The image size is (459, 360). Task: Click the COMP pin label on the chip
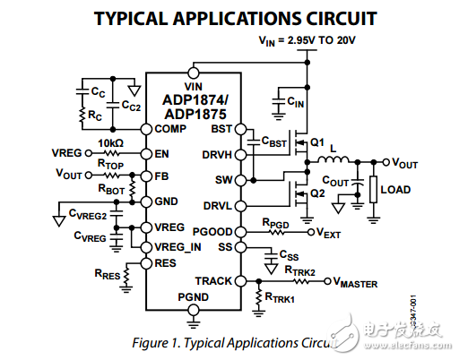169,129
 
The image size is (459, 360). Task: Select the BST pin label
221,129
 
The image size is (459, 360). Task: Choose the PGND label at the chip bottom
193,296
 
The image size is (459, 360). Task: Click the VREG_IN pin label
178,246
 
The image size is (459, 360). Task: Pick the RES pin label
165,262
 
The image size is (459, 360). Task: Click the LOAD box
395,190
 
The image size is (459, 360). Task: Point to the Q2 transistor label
316,193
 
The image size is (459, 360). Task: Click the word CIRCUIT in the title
321,17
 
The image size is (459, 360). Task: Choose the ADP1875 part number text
194,115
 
